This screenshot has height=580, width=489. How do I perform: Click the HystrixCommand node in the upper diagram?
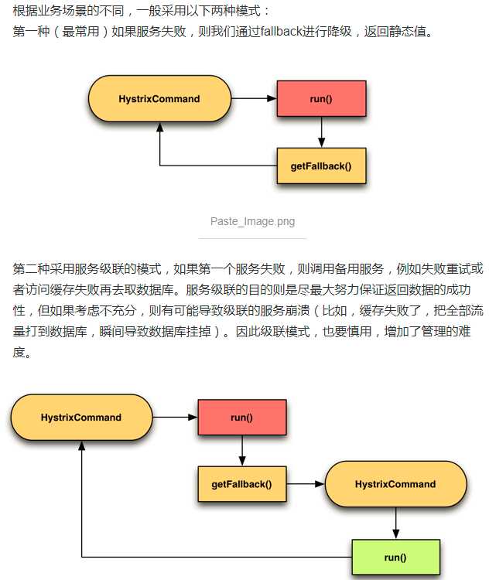[159, 99]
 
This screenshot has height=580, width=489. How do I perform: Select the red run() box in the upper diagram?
[321, 99]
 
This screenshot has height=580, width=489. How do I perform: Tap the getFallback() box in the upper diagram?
[321, 165]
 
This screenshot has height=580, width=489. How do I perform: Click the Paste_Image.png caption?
[252, 222]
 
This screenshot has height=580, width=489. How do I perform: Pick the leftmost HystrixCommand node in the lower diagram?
[80, 418]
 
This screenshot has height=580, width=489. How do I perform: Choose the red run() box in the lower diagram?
[242, 418]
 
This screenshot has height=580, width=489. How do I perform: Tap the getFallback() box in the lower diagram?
[241, 484]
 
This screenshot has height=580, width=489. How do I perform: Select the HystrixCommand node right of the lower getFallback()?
[395, 484]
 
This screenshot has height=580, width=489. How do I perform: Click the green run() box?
[395, 557]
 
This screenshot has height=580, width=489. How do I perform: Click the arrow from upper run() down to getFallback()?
[321, 131]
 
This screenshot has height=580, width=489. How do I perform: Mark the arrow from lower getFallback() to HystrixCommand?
[305, 484]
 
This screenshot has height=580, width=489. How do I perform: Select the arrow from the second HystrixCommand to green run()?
[395, 523]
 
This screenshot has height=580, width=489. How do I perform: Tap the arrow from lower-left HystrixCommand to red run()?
[175, 418]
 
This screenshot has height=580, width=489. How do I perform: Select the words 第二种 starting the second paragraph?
[31, 269]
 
